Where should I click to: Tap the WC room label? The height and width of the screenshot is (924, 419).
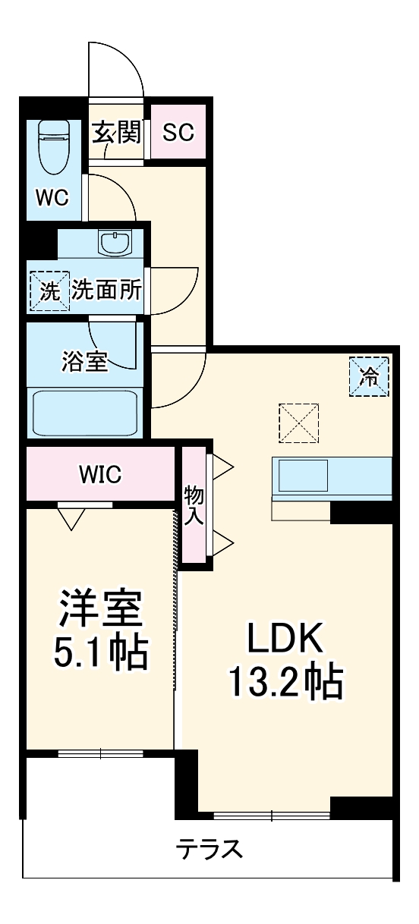pos(52,197)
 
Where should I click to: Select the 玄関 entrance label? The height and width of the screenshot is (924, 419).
pos(117,133)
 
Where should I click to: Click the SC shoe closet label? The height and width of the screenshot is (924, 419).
pos(179,133)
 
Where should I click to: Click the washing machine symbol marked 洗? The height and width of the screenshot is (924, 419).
pos(49,291)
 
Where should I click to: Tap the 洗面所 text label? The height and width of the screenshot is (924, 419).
pos(107,291)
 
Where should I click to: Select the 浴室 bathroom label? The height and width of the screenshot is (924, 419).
pos(84,361)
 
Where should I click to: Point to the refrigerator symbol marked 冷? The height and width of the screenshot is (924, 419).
pos(369,376)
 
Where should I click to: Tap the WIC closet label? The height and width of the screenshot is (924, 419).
pos(100,475)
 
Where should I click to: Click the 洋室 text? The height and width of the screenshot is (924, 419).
pos(100,606)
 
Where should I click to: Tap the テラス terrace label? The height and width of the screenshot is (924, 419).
pos(209,848)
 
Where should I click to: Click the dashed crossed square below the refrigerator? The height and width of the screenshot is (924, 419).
pos(298,423)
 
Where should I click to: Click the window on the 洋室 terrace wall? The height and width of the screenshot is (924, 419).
pos(100,753)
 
